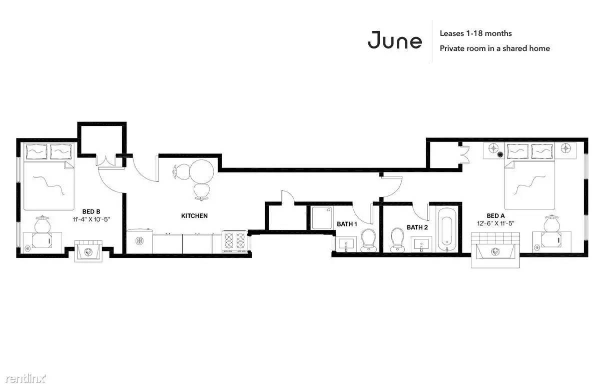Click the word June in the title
click(395, 40)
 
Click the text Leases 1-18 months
click(475, 33)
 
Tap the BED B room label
click(91, 211)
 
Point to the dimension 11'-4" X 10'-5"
click(91, 219)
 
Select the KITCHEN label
click(194, 216)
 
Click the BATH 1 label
click(347, 224)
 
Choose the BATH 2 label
click(417, 227)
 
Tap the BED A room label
click(495, 216)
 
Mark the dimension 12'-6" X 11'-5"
click(495, 223)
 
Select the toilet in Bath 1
click(368, 240)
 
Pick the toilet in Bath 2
click(397, 239)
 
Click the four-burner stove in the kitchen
click(235, 241)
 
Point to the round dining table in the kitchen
click(202, 171)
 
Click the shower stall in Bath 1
click(321, 218)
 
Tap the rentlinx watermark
click(25, 378)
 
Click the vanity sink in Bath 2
click(421, 244)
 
